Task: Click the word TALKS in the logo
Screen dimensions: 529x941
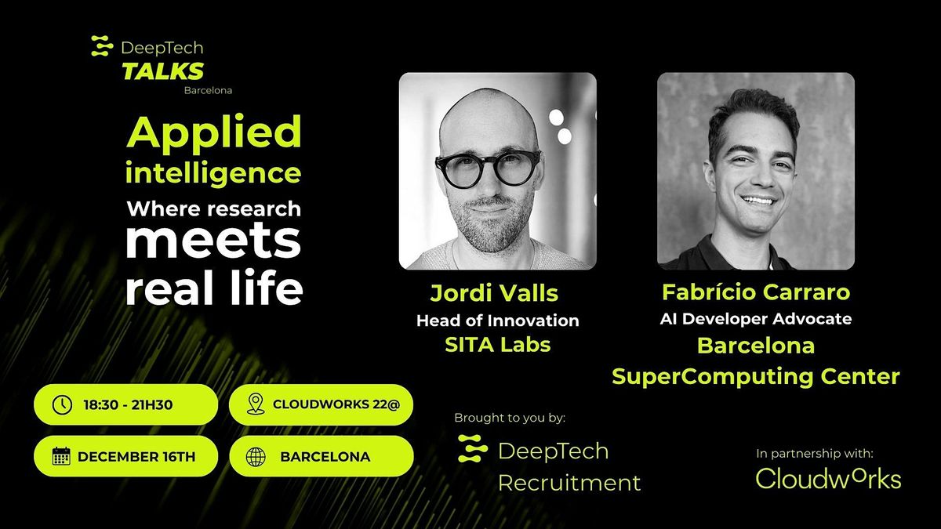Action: pyautogui.click(x=162, y=71)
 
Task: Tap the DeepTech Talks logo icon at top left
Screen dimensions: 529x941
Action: pyautogui.click(x=102, y=47)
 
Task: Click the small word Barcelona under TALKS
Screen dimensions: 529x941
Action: pyautogui.click(x=208, y=90)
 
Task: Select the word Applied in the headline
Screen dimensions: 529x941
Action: pyautogui.click(x=213, y=132)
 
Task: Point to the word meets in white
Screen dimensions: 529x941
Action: pyautogui.click(x=213, y=244)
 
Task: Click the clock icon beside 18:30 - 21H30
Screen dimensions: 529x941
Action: pyautogui.click(x=61, y=404)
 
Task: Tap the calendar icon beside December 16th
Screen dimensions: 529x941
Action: pyautogui.click(x=61, y=456)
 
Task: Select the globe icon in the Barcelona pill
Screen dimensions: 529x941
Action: pyautogui.click(x=256, y=456)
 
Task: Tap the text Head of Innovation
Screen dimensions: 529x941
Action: pyautogui.click(x=497, y=321)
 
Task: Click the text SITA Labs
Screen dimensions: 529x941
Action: pyautogui.click(x=497, y=345)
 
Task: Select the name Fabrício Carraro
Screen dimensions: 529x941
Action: pyautogui.click(x=756, y=292)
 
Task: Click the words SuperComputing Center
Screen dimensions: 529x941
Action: pyautogui.click(x=756, y=377)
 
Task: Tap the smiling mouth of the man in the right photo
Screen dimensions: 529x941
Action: pyautogui.click(x=758, y=201)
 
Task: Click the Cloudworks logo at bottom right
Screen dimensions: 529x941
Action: pyautogui.click(x=828, y=478)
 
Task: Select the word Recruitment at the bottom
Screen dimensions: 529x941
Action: pyautogui.click(x=569, y=483)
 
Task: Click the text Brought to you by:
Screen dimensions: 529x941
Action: pyautogui.click(x=510, y=418)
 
